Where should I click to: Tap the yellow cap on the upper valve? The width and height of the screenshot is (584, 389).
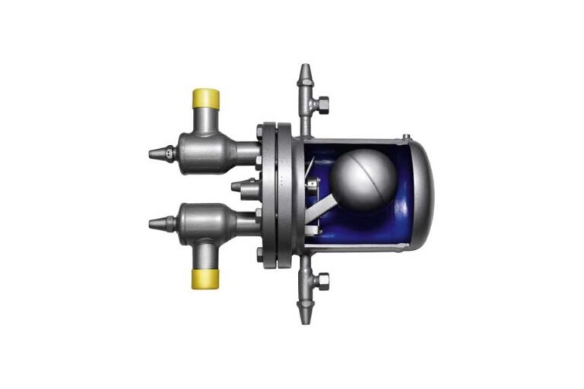click(205, 98)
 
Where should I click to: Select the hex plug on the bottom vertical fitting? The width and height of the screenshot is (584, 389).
click(322, 282)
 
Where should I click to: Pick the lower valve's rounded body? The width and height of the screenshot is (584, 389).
click(203, 223)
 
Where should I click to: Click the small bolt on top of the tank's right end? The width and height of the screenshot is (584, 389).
click(406, 138)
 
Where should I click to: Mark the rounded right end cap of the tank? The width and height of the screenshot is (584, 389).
click(423, 194)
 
